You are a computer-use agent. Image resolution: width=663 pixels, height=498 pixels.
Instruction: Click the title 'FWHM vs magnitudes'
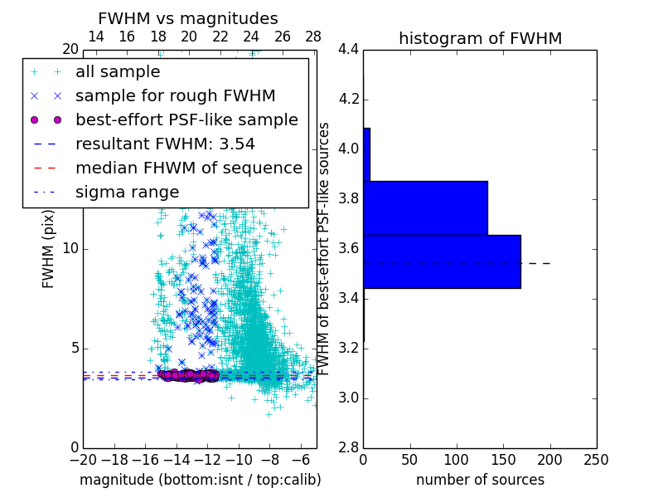pos(188,18)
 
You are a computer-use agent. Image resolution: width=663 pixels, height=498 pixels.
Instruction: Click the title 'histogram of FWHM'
pos(480,38)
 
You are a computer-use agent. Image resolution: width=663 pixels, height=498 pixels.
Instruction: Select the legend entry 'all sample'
pos(118,72)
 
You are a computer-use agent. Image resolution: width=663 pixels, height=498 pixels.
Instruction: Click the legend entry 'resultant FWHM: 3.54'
pos(165,144)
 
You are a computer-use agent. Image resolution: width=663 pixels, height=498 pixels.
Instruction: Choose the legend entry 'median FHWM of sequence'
pos(188,168)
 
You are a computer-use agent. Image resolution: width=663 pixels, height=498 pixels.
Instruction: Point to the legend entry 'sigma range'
pos(127,192)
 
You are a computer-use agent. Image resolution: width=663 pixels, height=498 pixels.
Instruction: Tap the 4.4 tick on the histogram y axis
pos(348,50)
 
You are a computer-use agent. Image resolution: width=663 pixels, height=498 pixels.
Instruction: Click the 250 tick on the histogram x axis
pos(596,460)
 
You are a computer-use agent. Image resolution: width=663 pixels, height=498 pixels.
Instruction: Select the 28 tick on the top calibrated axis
pos(313,37)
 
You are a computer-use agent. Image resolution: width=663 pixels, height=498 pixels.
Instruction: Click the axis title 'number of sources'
pos(480,480)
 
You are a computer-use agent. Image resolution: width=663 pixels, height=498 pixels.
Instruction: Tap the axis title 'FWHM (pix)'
pos(49,249)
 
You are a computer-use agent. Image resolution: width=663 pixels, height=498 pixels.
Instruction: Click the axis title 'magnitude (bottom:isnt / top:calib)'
pos(200,480)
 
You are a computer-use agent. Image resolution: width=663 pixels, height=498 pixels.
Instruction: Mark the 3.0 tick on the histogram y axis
pos(348,398)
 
